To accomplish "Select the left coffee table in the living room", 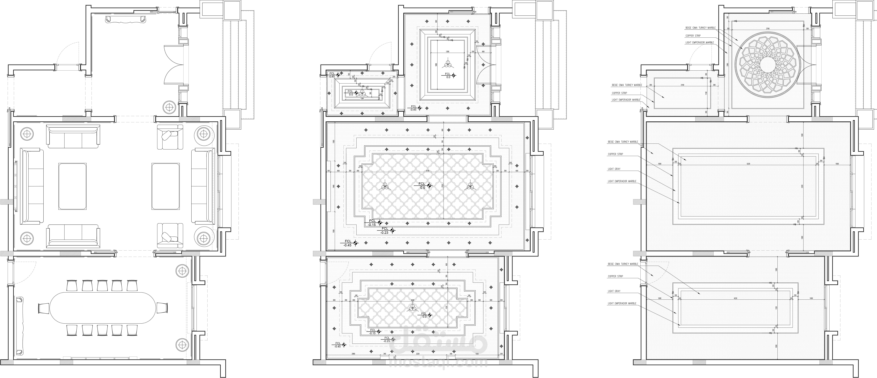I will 72,186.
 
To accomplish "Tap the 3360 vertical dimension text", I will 726,65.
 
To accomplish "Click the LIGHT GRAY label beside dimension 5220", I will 614,169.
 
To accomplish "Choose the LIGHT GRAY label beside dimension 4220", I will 614,291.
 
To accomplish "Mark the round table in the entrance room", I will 169,107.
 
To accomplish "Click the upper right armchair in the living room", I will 170,137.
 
